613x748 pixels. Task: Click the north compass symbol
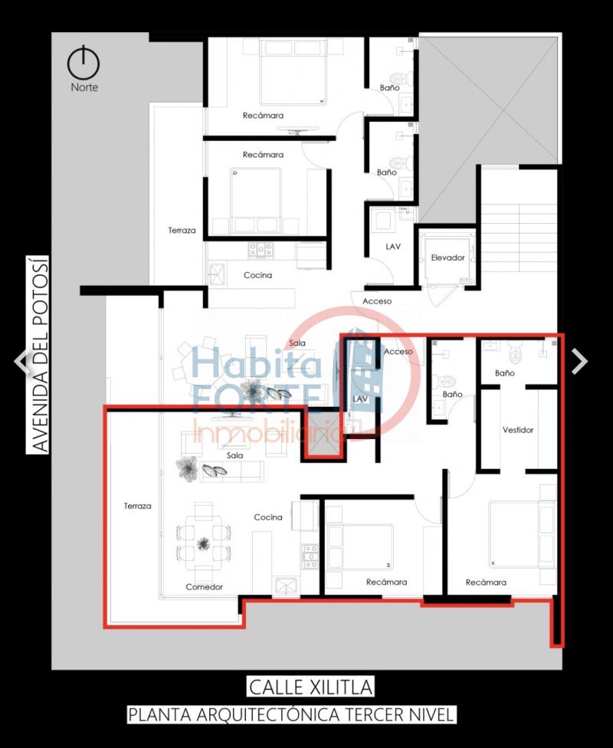click(x=84, y=63)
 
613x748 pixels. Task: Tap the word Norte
click(x=84, y=87)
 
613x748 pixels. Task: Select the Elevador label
click(x=447, y=258)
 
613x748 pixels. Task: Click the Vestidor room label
click(x=517, y=430)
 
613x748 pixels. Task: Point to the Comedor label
click(x=204, y=587)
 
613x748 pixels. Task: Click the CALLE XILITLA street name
click(x=310, y=687)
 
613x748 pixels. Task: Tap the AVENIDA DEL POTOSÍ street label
click(x=38, y=354)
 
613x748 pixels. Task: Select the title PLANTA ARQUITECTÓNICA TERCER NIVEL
click(x=291, y=714)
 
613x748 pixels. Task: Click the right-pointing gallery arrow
click(x=579, y=361)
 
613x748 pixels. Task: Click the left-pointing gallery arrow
click(x=21, y=361)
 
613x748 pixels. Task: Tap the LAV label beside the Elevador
click(x=393, y=247)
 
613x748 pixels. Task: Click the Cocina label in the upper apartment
click(x=257, y=275)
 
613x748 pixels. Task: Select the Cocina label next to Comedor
click(x=268, y=517)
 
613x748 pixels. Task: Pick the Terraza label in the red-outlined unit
click(x=137, y=506)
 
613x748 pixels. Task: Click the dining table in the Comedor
click(x=204, y=543)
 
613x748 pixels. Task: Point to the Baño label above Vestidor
click(x=505, y=373)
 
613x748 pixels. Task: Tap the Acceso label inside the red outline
click(x=398, y=352)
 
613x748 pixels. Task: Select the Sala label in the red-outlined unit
click(x=234, y=455)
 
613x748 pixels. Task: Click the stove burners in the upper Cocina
click(x=260, y=250)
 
